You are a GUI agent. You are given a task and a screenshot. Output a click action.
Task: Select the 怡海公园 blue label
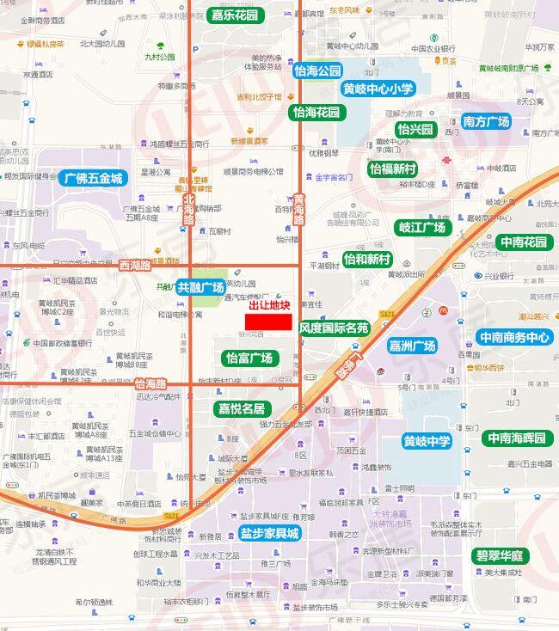[x=317, y=70]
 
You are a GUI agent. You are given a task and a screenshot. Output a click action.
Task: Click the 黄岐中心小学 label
[x=378, y=89]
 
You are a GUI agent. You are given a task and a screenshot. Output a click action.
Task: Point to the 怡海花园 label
[x=316, y=112]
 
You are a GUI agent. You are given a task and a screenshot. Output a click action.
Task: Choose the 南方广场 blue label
[x=486, y=122]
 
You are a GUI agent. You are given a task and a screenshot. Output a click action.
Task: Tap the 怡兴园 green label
[x=416, y=130]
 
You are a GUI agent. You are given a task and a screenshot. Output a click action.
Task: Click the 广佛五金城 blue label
[x=94, y=179]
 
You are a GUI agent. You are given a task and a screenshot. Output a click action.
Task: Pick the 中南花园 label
[x=524, y=242]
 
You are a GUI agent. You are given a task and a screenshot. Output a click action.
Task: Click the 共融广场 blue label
[x=200, y=287]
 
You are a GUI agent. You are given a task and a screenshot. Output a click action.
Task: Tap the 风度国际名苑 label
[x=335, y=328]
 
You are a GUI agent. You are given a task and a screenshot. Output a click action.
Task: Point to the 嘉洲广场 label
[x=412, y=346]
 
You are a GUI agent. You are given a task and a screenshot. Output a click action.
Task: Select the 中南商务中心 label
[x=514, y=338]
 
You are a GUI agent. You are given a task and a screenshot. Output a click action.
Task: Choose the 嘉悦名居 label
[x=242, y=407]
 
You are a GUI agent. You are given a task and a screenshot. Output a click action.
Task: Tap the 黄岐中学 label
[x=427, y=441]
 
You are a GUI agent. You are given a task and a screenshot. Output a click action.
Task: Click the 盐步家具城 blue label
[x=270, y=533]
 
